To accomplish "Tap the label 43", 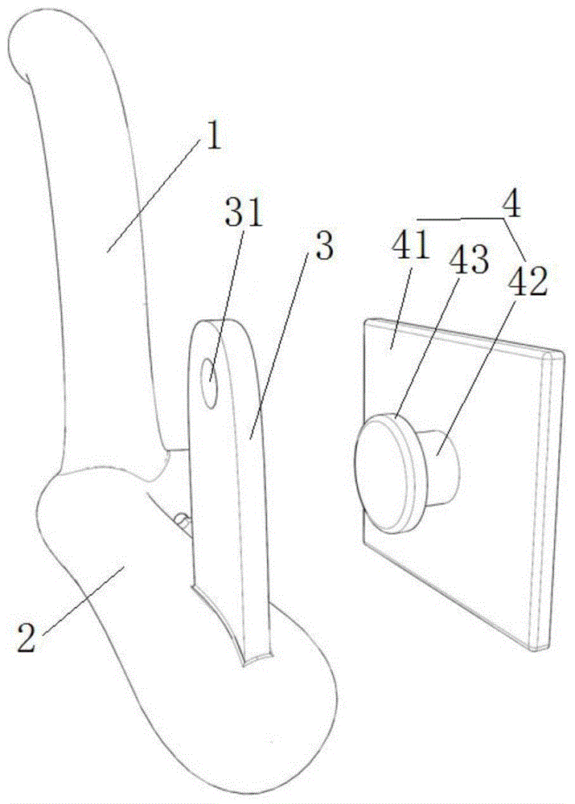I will tap(472, 259).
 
